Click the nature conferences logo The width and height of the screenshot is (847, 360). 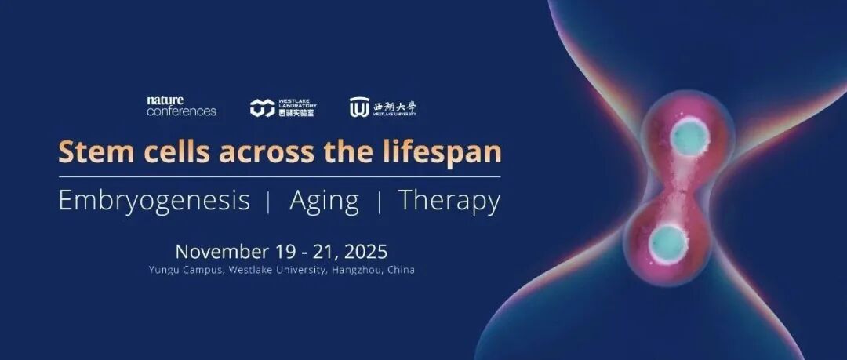tap(181, 107)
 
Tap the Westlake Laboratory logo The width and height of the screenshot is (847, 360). tap(283, 107)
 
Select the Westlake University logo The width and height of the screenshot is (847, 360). tap(383, 107)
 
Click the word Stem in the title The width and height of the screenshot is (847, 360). tap(89, 151)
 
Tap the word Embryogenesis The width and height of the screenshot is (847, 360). tap(154, 202)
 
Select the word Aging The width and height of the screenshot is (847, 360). tap(324, 202)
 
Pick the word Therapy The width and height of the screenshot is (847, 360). tap(449, 202)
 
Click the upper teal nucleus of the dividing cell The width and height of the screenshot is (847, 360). tap(689, 137)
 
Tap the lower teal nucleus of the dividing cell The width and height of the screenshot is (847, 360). tap(668, 245)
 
